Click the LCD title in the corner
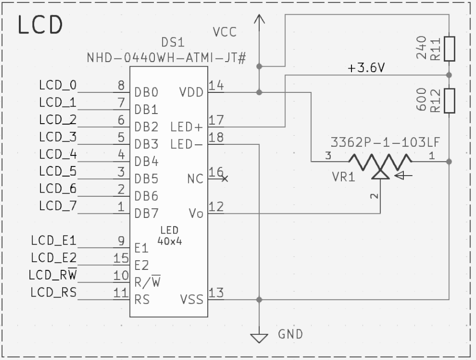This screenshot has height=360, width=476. (40, 25)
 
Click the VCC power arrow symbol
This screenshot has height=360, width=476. (260, 20)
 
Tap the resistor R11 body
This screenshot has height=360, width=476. (449, 49)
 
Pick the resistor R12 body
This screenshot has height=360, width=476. (449, 100)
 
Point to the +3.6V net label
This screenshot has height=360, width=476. (366, 69)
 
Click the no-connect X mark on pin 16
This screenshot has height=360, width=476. (224, 178)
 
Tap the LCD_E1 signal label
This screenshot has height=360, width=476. (53, 240)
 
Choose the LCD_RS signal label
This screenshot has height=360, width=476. (53, 292)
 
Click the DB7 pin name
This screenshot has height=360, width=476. (146, 214)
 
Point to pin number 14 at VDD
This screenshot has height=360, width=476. (216, 85)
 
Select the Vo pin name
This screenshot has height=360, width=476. (196, 214)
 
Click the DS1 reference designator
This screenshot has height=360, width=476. (173, 43)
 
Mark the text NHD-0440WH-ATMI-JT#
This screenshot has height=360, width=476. (167, 59)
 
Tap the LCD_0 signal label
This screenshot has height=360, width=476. (57, 85)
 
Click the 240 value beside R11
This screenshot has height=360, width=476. (421, 49)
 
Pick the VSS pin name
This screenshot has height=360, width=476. (192, 300)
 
